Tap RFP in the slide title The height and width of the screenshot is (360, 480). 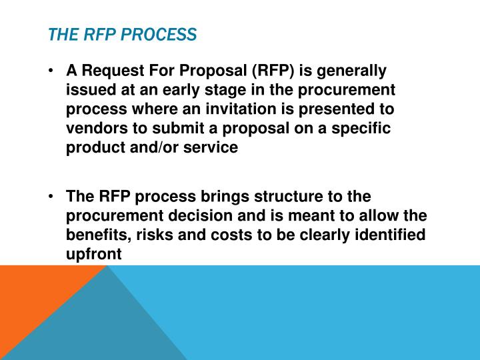point(101,34)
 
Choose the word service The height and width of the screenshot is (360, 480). point(213,148)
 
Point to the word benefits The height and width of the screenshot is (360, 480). point(93,236)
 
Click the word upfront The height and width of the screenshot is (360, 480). point(94,255)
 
